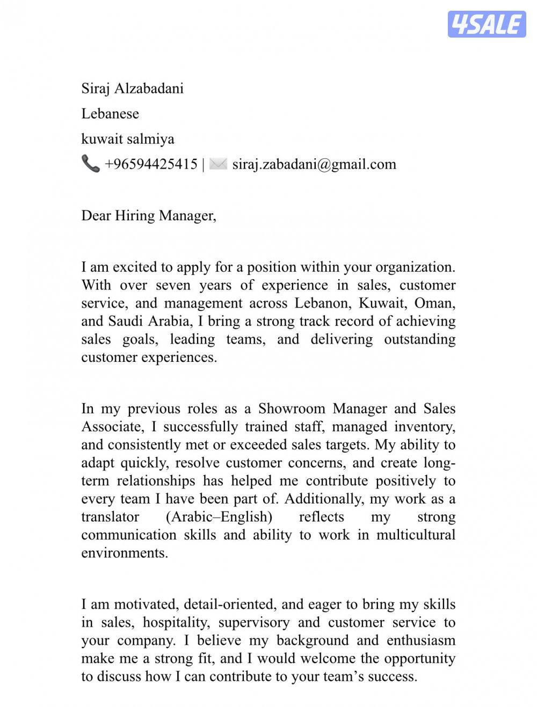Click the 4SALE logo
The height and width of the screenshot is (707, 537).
point(487,24)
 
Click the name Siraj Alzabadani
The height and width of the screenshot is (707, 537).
point(132,88)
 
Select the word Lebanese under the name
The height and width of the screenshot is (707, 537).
point(110,113)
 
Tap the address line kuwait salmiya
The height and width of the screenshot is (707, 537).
point(127,139)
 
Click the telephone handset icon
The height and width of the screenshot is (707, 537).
point(90,164)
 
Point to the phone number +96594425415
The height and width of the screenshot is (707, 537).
point(151,164)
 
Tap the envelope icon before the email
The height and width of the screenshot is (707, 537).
point(218,164)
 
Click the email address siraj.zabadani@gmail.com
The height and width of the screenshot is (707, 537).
point(314,164)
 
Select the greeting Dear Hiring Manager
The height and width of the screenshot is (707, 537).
point(148,216)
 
